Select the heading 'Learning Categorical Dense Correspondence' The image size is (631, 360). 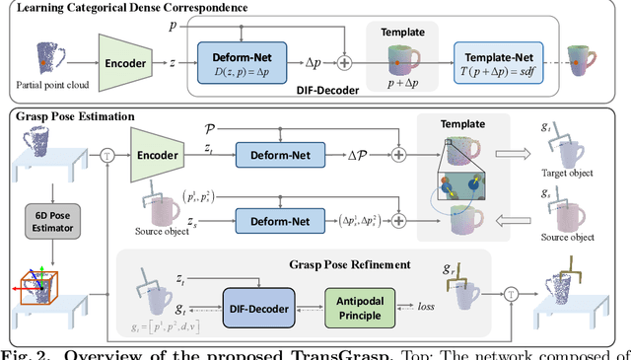pos(144,9)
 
